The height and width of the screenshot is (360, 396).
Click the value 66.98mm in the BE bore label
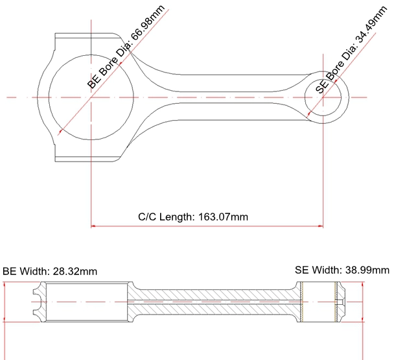148,23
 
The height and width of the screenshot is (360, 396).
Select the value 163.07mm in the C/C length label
223,217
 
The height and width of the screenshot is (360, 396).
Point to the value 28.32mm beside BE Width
75,271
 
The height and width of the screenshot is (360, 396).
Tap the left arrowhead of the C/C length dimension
93,226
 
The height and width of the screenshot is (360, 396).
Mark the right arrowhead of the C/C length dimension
321,226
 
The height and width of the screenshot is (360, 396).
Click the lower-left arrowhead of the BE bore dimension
60,131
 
